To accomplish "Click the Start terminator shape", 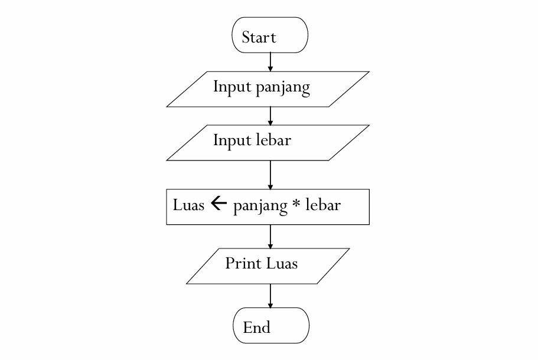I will click(270, 35).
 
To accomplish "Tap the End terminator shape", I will click(271, 325).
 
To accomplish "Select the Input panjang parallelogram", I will click(268, 89).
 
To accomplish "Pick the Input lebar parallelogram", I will click(268, 142).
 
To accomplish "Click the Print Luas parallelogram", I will click(268, 266).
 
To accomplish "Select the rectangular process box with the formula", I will click(268, 207).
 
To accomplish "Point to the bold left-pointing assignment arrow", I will click(219, 205).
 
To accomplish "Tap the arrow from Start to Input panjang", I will click(270, 61).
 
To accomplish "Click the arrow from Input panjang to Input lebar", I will click(270, 116).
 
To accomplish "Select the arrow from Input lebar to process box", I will click(270, 174).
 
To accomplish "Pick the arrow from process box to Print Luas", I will click(270, 236).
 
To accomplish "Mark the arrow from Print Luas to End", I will click(270, 295).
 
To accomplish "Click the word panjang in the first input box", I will click(283, 88).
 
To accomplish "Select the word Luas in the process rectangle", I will click(188, 205).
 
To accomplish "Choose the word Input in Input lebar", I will click(231, 142).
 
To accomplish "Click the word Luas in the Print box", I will click(282, 263).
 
